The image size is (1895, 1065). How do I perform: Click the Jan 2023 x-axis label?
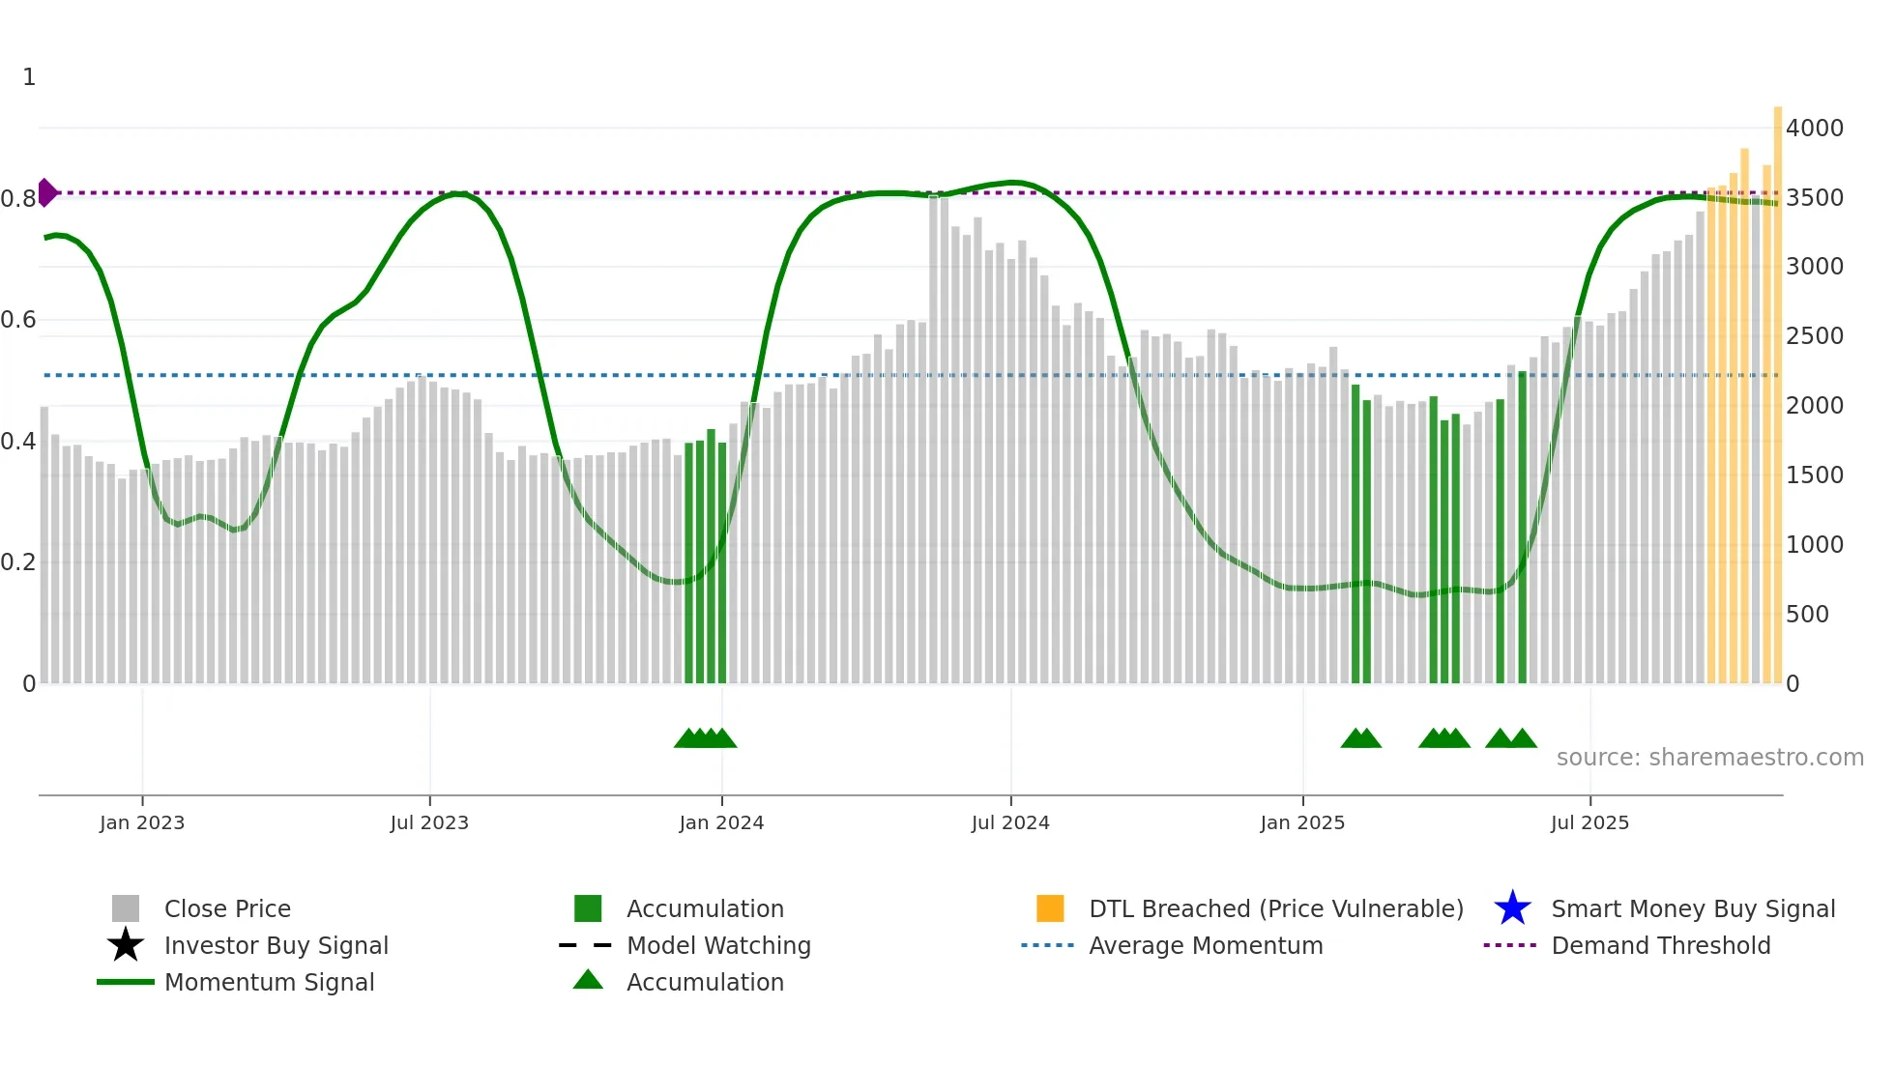[x=142, y=822]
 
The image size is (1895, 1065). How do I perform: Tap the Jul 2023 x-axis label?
[x=429, y=822]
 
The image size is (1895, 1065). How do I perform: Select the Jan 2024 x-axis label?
[x=721, y=822]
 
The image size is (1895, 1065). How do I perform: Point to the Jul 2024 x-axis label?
[x=1010, y=822]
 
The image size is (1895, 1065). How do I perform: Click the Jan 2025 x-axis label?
[x=1302, y=822]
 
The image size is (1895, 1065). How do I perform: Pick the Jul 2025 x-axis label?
[x=1589, y=822]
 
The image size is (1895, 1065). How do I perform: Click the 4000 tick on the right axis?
[x=1814, y=128]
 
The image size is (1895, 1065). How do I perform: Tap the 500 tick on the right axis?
[x=1807, y=614]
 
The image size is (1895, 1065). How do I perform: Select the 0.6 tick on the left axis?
[x=18, y=319]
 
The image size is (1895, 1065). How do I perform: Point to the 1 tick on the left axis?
[x=29, y=76]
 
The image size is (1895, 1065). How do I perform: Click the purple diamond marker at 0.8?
[x=46, y=192]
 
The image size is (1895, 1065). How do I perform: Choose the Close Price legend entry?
[x=227, y=908]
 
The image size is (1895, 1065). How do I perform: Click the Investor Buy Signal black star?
[x=126, y=945]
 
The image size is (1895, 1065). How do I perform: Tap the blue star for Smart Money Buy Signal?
[x=1512, y=908]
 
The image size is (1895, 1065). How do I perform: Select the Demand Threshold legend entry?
[x=1660, y=945]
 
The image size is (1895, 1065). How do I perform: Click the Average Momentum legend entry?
[x=1205, y=945]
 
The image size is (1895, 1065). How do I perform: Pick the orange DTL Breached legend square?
[x=1050, y=908]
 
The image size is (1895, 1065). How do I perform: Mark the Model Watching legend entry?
[x=718, y=945]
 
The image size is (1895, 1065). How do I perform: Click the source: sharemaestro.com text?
[x=1709, y=757]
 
